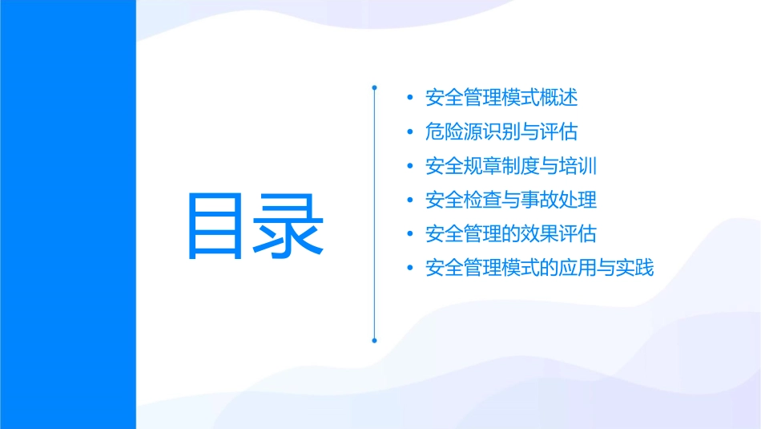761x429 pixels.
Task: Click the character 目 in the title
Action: point(219,226)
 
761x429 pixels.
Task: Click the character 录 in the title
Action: point(290,226)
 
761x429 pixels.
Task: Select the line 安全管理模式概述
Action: point(501,98)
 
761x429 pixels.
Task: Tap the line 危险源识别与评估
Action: point(501,132)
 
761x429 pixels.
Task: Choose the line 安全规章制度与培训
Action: point(511,166)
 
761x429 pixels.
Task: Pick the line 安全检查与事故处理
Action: point(511,200)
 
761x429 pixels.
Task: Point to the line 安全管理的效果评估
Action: point(511,233)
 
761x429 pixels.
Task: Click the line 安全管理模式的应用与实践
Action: point(540,267)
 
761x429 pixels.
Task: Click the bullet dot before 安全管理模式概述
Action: point(410,99)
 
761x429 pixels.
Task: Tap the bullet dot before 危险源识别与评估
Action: point(410,132)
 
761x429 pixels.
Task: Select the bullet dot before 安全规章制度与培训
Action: point(410,167)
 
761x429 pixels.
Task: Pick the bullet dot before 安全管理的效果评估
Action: point(410,234)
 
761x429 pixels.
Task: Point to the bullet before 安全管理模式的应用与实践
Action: point(410,268)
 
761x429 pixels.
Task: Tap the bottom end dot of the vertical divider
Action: point(374,340)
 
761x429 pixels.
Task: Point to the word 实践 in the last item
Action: point(635,267)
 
